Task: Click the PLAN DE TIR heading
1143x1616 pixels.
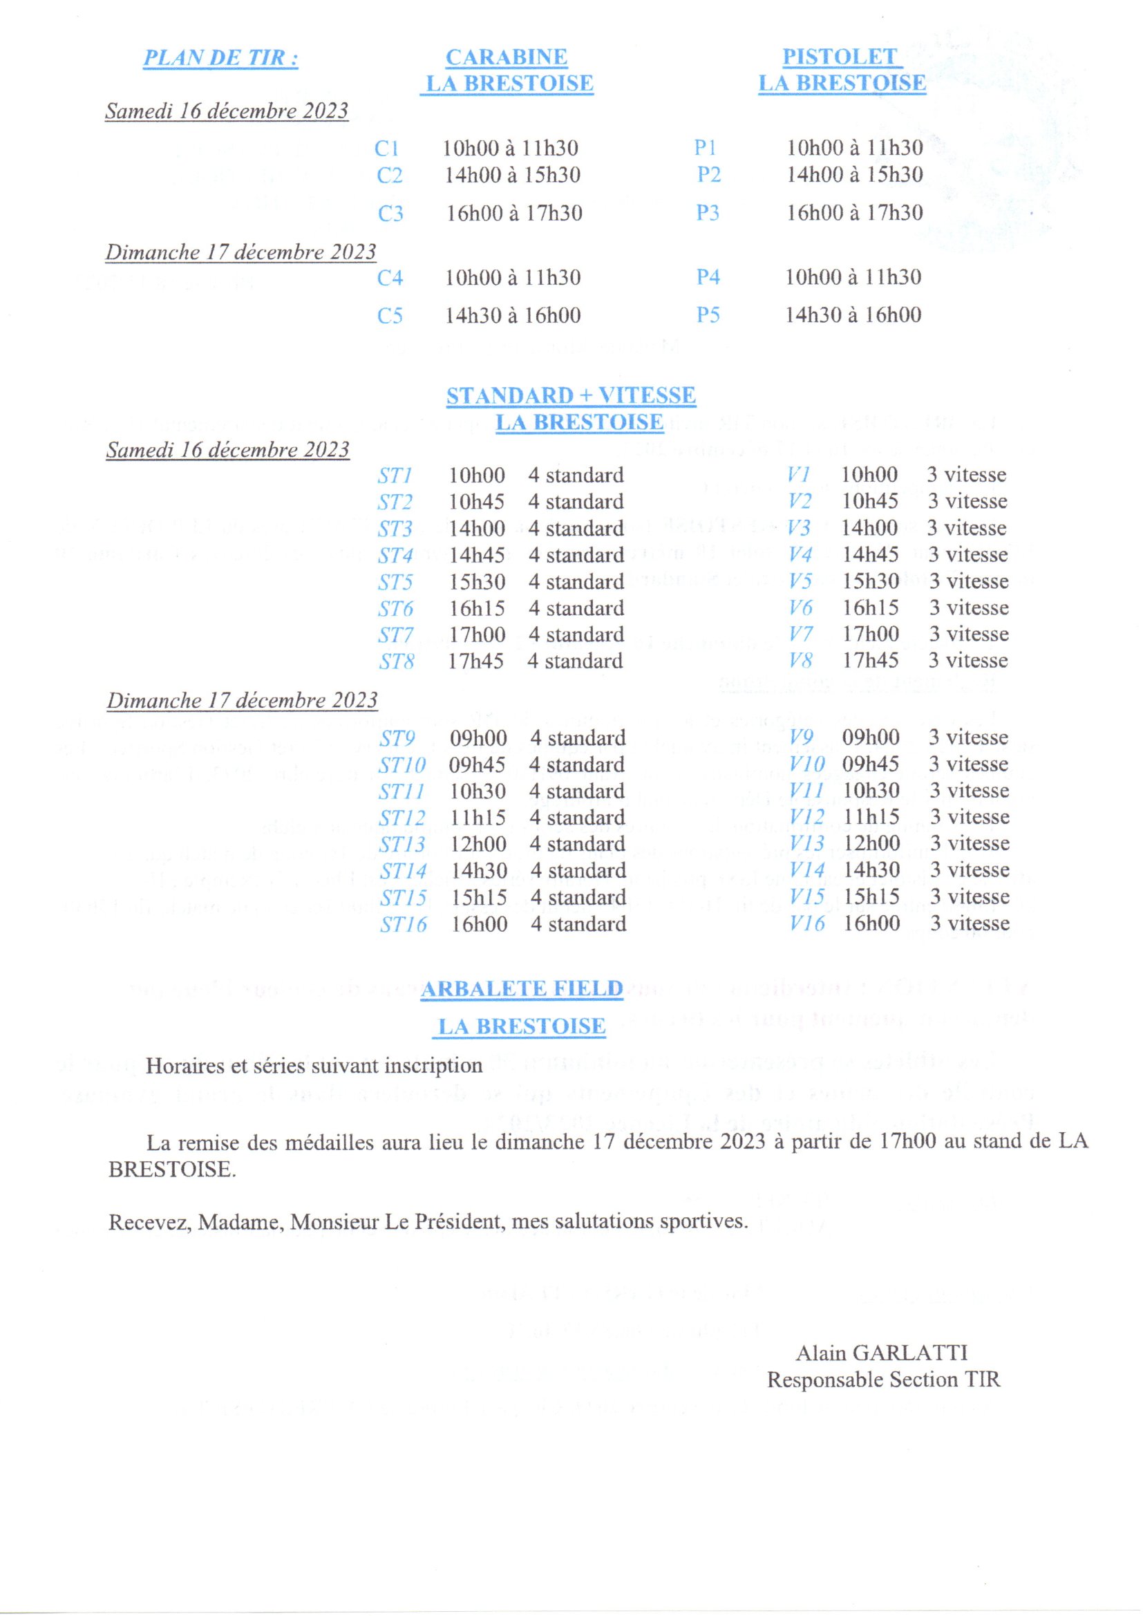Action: click(x=220, y=58)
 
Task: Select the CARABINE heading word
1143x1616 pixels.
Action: click(x=506, y=57)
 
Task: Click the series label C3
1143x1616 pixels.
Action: click(x=390, y=214)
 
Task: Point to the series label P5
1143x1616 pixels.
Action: click(x=708, y=314)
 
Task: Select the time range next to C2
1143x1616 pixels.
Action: click(x=512, y=176)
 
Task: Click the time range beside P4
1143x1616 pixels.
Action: click(x=853, y=276)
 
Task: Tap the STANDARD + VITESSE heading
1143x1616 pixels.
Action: click(x=571, y=395)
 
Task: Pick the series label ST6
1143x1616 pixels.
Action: click(x=395, y=608)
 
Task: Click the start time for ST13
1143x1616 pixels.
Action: click(x=478, y=844)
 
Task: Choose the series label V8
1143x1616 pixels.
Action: click(x=800, y=660)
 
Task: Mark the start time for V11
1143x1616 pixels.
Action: click(x=871, y=791)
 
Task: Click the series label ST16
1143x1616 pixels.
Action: click(x=404, y=924)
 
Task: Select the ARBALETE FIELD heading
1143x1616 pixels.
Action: click(x=522, y=989)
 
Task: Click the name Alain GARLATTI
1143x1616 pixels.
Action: click(x=881, y=1353)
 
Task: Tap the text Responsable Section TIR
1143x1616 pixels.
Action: click(x=882, y=1380)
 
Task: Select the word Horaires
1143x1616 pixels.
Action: click(x=185, y=1066)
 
